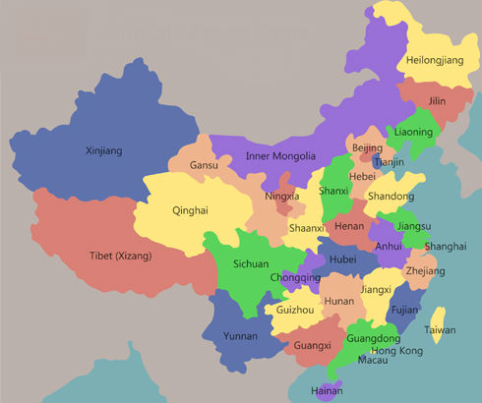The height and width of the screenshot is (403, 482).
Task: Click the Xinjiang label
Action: point(106,150)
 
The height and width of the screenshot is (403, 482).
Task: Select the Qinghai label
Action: point(190,210)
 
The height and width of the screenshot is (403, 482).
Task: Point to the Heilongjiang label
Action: point(434,60)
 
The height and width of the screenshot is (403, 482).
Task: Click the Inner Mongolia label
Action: point(280,156)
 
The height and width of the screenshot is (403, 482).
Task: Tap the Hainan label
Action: point(327,391)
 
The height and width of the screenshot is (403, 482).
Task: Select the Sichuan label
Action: point(251,264)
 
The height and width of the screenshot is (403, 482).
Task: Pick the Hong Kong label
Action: point(396,351)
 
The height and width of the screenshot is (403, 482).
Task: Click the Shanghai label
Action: point(446,246)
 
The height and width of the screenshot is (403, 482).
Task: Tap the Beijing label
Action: point(366,147)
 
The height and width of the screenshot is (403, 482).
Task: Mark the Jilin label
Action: point(437,100)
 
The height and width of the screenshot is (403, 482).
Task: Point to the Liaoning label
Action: point(413,132)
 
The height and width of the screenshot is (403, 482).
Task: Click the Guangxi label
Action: point(313,346)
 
